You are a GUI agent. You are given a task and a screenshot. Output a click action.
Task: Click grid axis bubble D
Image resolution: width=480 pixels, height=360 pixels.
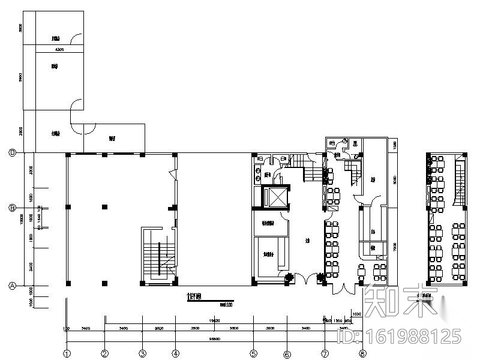12,152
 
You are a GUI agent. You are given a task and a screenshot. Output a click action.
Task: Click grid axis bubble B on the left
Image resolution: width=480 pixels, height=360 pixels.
12,208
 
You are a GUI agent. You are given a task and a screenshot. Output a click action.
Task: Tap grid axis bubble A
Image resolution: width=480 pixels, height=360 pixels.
12,286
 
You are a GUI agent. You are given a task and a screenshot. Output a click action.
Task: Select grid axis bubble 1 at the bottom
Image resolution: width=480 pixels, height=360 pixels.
68,353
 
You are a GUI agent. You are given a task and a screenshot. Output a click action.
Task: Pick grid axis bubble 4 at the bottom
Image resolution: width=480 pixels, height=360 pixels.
175,353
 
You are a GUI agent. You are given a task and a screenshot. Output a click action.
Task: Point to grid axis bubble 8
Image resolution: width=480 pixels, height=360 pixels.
362,353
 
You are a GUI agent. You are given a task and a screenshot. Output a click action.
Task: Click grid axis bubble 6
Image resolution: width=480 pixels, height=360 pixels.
287,353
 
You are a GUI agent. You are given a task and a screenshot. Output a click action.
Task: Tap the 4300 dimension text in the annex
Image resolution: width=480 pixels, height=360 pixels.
59,49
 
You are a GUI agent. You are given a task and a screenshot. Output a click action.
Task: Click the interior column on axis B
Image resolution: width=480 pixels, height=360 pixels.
105,207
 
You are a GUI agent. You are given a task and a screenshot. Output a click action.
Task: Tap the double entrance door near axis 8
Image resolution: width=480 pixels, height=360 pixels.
345,289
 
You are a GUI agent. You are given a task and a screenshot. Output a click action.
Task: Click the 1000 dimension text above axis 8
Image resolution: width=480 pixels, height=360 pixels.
356,314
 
